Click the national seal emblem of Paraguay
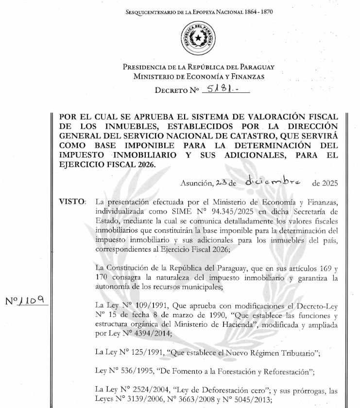197,38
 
